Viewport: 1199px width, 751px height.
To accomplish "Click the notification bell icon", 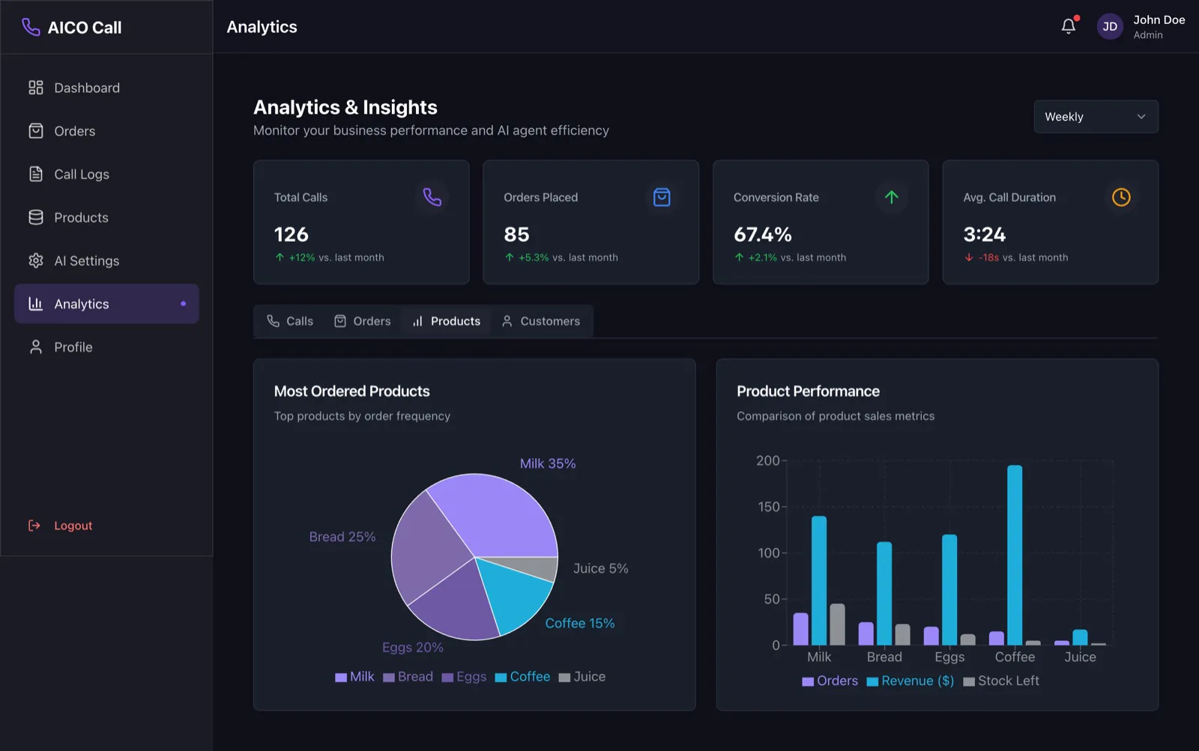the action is [1069, 25].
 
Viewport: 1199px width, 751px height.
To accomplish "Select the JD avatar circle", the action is [1110, 26].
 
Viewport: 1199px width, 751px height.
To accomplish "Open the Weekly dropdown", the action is [1096, 117].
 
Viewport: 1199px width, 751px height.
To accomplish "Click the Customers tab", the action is [541, 321].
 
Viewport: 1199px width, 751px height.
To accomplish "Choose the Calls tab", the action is [289, 321].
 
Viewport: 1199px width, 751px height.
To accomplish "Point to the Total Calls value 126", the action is [292, 234].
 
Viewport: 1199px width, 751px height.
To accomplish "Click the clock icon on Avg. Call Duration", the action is [1121, 198].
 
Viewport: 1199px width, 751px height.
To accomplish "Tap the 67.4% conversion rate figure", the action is [762, 234].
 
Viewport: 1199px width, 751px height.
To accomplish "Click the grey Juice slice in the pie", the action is [535, 567].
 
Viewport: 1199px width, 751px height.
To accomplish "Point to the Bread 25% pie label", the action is [342, 537].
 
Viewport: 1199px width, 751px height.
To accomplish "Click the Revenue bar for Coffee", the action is [1015, 555].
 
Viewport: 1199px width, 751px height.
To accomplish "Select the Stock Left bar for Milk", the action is [837, 624].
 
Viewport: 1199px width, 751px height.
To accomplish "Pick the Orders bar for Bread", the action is [866, 633].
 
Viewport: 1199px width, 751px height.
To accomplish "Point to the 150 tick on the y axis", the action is [769, 507].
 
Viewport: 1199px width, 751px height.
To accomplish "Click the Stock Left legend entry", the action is [1001, 681].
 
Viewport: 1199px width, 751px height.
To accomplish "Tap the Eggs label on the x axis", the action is [949, 657].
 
